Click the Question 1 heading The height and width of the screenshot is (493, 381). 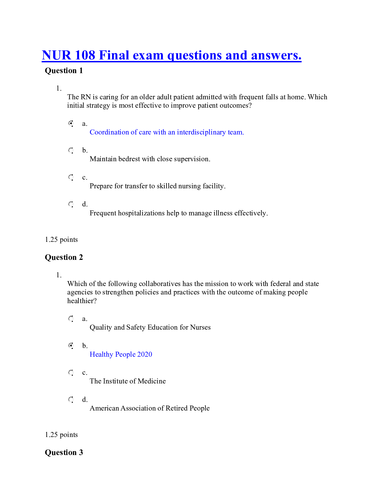pyautogui.click(x=64, y=71)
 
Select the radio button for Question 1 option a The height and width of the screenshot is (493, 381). pyautogui.click(x=71, y=124)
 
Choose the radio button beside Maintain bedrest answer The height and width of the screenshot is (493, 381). pyautogui.click(x=71, y=151)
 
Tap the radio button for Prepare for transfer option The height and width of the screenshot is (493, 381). pyautogui.click(x=71, y=177)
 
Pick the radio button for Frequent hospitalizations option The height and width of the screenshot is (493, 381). pyautogui.click(x=71, y=204)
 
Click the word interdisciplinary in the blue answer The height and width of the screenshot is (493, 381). pyautogui.click(x=201, y=132)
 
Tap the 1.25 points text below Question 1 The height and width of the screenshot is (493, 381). pyautogui.click(x=61, y=240)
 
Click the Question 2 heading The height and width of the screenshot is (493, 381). pyautogui.click(x=64, y=257)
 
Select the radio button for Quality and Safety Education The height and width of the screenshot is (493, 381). pyautogui.click(x=71, y=319)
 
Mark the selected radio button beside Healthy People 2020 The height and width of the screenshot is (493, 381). pyautogui.click(x=71, y=346)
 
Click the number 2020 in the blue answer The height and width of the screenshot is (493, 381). pyautogui.click(x=145, y=354)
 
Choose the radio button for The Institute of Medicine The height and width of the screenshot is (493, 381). pyautogui.click(x=71, y=373)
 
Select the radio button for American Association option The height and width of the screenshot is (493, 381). pyautogui.click(x=71, y=400)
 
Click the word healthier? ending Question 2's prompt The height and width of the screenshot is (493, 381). pyautogui.click(x=82, y=301)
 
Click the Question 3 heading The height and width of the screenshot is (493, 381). pyautogui.click(x=64, y=453)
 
